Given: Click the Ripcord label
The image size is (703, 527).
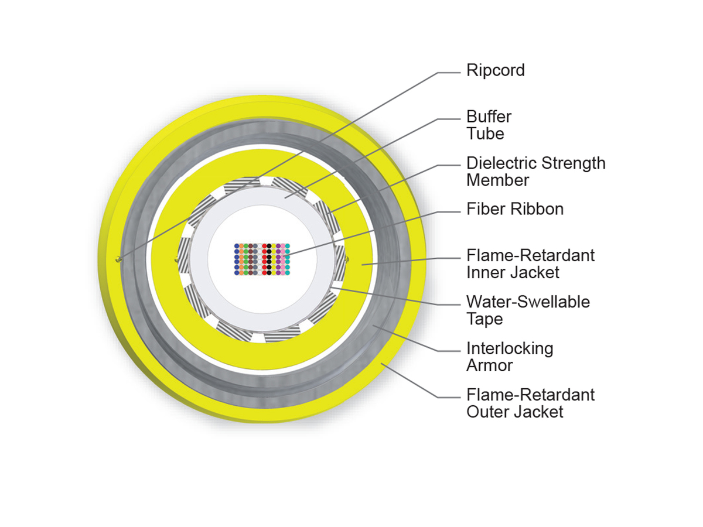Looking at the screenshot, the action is click(495, 70).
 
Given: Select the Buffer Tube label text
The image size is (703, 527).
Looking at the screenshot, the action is click(489, 125).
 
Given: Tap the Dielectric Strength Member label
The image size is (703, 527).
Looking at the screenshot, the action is click(536, 172).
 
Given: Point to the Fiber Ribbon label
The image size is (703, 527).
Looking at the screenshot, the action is click(515, 209).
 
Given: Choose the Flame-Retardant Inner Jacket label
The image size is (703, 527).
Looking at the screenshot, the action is click(530, 264).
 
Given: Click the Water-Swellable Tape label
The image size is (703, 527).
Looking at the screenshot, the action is click(528, 310).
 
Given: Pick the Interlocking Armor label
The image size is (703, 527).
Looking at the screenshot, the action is click(510, 357).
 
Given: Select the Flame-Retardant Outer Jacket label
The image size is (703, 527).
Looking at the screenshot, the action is click(530, 403).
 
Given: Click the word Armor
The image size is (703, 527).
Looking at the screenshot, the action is click(489, 365).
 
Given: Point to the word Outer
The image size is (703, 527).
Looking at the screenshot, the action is click(486, 412).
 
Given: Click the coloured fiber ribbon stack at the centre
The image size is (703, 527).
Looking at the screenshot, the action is click(262, 259).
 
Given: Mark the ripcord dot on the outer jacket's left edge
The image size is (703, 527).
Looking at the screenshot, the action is click(118, 259).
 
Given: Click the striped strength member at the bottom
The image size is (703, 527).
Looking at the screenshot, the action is click(282, 335).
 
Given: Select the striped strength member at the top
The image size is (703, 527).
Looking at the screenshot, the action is click(241, 185).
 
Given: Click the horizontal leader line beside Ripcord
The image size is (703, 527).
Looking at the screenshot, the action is click(449, 73).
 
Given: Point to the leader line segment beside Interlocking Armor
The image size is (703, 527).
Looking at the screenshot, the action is click(449, 351).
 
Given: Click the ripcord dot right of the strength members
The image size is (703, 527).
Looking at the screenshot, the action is click(347, 259).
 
